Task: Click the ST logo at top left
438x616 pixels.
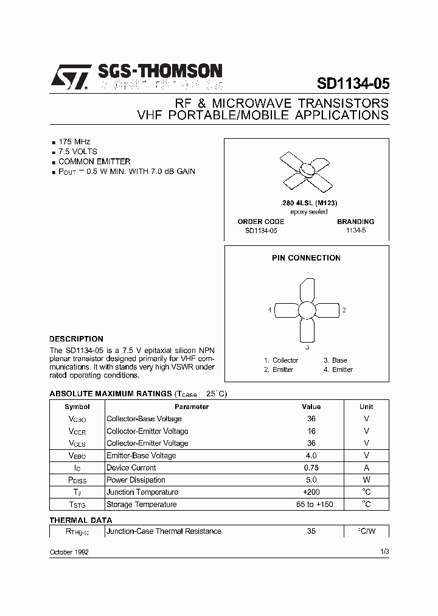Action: (70, 78)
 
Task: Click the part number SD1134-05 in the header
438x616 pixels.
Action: (353, 83)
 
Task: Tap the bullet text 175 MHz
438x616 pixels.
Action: (74, 141)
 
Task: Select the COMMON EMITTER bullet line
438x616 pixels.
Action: (94, 161)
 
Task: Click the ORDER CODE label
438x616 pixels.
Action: (260, 222)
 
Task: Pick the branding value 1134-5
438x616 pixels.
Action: (356, 231)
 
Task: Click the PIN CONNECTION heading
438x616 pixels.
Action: (306, 258)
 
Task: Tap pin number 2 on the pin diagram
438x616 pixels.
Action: (344, 310)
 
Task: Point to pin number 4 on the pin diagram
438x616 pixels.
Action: (269, 310)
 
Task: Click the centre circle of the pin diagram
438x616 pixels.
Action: (307, 310)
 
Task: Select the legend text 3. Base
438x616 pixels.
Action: (335, 360)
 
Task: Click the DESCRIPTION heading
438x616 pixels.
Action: (76, 339)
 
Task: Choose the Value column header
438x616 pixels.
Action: (311, 407)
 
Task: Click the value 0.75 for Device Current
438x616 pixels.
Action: (311, 467)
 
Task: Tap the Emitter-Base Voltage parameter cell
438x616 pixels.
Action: (141, 455)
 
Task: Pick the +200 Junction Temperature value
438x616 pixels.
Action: (311, 492)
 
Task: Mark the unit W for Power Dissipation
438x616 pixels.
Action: (366, 480)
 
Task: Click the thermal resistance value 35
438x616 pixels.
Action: (311, 531)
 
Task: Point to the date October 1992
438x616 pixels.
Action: (69, 551)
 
